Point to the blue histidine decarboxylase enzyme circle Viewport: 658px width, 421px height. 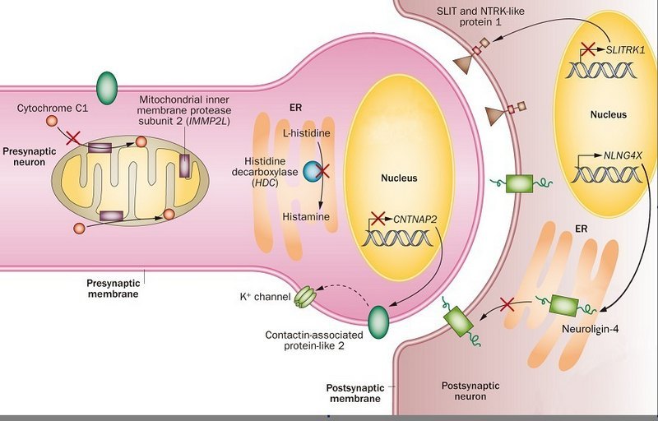(x=313, y=170)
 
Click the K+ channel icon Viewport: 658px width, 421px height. (x=304, y=296)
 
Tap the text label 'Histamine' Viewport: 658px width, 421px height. (x=305, y=216)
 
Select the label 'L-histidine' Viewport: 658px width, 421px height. (x=305, y=132)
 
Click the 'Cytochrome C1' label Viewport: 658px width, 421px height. (x=52, y=108)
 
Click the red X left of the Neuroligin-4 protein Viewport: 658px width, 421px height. (x=508, y=305)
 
